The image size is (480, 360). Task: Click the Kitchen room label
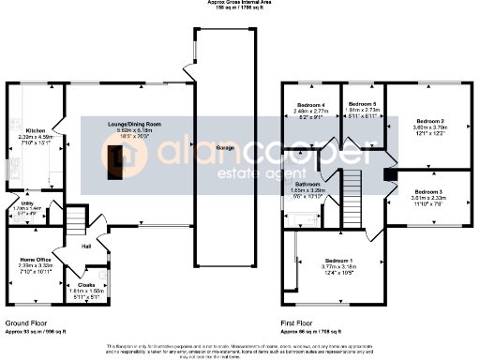(36, 131)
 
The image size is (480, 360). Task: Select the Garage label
(225, 149)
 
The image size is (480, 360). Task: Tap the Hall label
(85, 246)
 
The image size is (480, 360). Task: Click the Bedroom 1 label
(338, 260)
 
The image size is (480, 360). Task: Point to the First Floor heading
(298, 322)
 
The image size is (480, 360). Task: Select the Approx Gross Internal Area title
(239, 3)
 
